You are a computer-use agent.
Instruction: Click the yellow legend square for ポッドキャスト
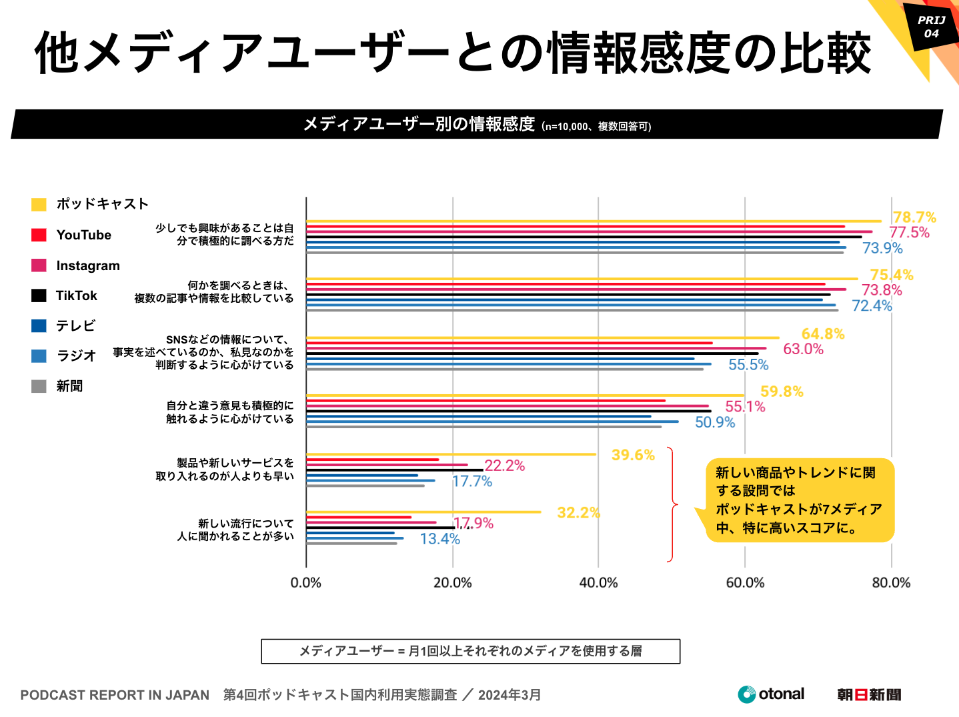click(39, 204)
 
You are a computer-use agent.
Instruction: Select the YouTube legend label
click(83, 235)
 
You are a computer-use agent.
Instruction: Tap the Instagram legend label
click(88, 265)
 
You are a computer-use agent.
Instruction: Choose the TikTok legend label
click(76, 295)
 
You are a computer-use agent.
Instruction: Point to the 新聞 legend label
click(69, 386)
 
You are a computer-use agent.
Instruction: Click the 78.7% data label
click(914, 217)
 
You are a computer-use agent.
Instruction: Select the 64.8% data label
click(822, 333)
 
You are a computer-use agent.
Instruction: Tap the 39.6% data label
click(633, 455)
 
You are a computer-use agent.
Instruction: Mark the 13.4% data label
click(439, 539)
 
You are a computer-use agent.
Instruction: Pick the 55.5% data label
click(748, 365)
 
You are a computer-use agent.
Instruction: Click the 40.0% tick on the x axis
click(598, 583)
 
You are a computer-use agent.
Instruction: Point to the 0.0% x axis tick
click(306, 583)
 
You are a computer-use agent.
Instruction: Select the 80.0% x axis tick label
click(891, 583)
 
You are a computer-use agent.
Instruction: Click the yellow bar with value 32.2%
click(423, 512)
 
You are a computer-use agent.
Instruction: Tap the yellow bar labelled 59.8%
click(526, 396)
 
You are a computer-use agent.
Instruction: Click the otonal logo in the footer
click(771, 694)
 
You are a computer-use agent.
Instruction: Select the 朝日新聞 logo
click(869, 695)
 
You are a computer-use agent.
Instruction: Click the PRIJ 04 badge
click(931, 27)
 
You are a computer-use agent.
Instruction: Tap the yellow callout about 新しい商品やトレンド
click(799, 500)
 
